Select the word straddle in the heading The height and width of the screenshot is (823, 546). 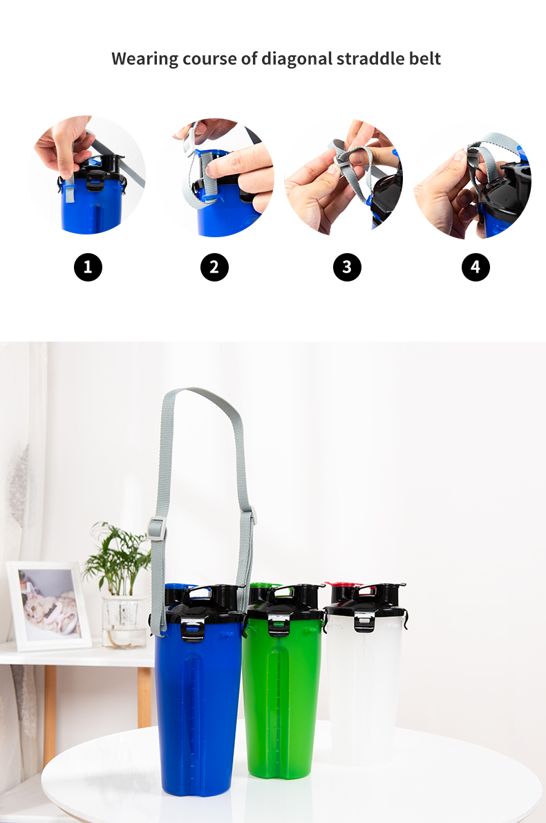(x=370, y=58)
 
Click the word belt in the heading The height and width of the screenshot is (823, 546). (x=425, y=58)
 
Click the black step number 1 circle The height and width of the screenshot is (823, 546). (x=88, y=267)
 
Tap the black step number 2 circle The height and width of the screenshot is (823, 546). (x=214, y=267)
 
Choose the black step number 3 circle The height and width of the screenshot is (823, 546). (x=347, y=267)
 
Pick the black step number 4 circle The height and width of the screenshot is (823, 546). (x=476, y=267)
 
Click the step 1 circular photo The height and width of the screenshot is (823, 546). (x=86, y=175)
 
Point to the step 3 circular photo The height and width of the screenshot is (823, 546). (x=343, y=178)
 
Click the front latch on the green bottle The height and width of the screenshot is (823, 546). (x=277, y=624)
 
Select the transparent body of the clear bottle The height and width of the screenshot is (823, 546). (x=364, y=693)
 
